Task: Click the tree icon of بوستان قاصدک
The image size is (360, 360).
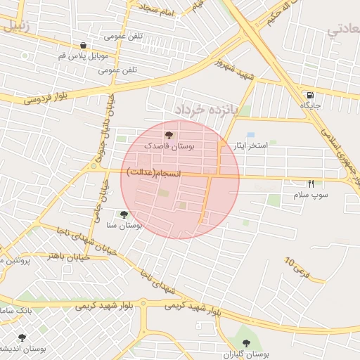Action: click(169, 135)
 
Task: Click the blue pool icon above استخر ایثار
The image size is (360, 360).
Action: click(250, 134)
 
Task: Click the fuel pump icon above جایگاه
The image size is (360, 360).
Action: click(310, 95)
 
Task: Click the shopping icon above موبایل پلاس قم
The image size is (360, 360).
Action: click(84, 45)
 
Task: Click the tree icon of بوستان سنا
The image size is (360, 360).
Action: click(124, 214)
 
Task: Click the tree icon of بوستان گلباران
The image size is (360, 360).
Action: click(247, 342)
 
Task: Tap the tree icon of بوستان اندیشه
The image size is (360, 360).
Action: click(22, 337)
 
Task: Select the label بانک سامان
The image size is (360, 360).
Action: click(13, 309)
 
